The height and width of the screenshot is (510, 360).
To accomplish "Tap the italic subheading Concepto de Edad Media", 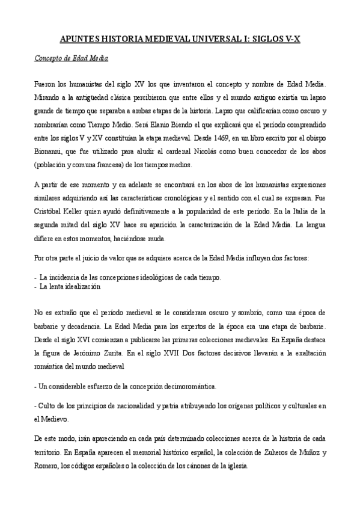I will point(70,60).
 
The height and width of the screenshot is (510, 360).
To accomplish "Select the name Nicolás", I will point(211,153).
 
